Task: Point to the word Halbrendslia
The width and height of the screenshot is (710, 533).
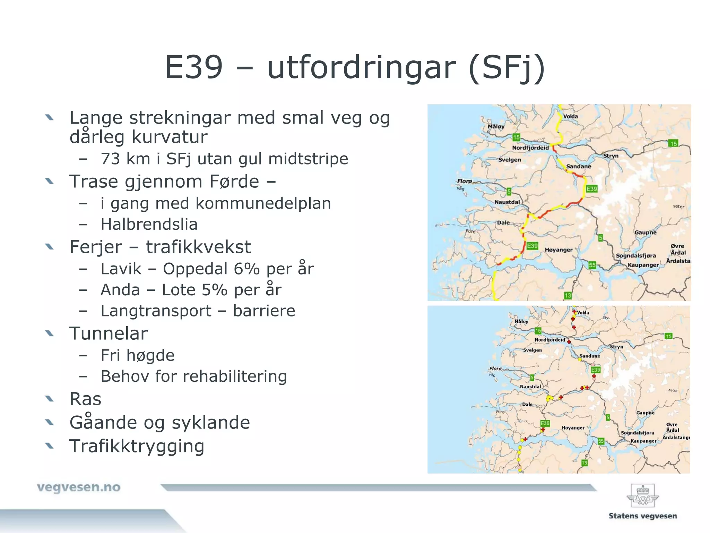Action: (149, 225)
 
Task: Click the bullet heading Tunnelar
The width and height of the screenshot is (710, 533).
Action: (109, 333)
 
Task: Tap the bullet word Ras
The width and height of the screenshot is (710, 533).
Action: (85, 399)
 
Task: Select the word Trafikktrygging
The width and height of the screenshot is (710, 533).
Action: (137, 446)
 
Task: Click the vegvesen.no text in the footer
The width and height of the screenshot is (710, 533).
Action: (79, 487)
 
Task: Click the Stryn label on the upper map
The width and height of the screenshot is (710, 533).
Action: (611, 156)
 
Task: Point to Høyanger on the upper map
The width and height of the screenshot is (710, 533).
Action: (559, 250)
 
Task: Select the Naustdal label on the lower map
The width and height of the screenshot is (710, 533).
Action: (530, 387)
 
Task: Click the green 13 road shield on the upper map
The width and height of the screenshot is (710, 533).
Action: (568, 296)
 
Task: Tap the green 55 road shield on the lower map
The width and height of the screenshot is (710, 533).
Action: (601, 441)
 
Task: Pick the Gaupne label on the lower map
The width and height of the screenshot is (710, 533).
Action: (645, 413)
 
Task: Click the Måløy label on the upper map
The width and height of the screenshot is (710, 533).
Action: (496, 127)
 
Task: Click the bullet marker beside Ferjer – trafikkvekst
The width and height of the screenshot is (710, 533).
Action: (50, 247)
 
